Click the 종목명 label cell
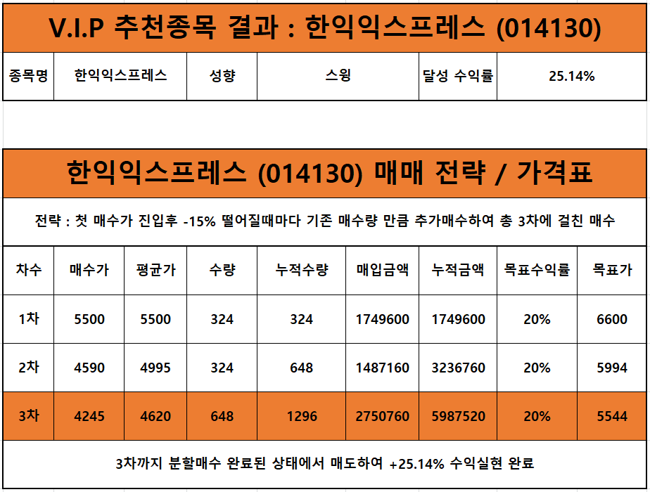tap(28, 76)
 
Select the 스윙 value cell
tap(338, 76)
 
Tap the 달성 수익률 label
tap(458, 76)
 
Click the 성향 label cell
tap(222, 76)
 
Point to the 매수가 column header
tap(89, 270)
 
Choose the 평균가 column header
tap(155, 270)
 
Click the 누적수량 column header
tap(301, 270)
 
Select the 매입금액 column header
tap(382, 270)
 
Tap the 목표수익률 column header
tap(537, 270)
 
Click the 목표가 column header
tap(612, 270)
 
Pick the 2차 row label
tap(28, 368)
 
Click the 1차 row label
tap(28, 319)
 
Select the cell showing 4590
tap(89, 368)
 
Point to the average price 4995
tap(155, 368)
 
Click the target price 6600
tap(612, 319)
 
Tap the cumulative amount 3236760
tap(458, 368)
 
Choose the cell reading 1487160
tap(382, 368)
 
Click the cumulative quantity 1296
tap(301, 416)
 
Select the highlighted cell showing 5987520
tap(458, 416)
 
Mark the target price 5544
tap(612, 416)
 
